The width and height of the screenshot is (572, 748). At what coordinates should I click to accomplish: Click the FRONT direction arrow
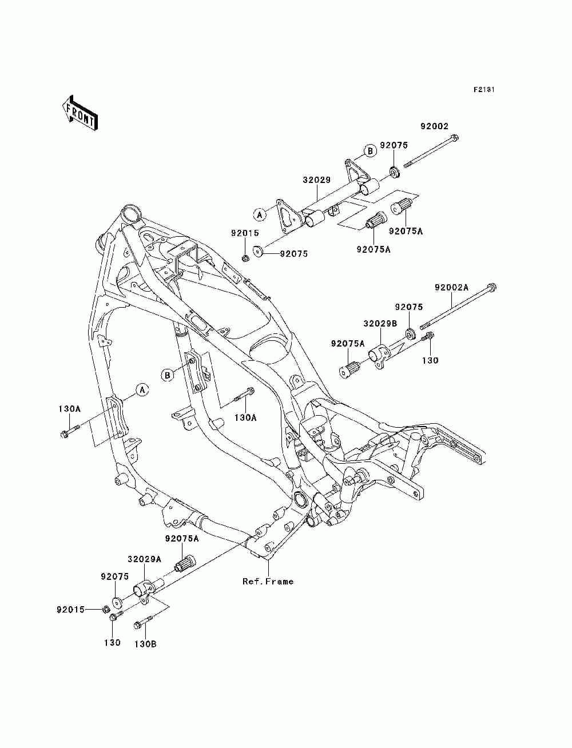point(80,113)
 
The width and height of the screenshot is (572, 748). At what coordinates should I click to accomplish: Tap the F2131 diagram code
point(484,90)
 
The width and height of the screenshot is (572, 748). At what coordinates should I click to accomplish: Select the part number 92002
point(434,126)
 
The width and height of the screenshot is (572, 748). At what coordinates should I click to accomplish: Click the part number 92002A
point(451,288)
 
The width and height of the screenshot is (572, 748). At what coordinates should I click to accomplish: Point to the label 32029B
point(380,324)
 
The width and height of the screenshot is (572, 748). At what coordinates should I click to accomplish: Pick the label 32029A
point(145,559)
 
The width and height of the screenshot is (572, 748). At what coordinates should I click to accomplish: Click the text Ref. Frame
point(268,582)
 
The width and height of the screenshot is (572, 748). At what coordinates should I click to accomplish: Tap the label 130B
point(145,644)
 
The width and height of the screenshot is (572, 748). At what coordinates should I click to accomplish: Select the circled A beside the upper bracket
point(260,214)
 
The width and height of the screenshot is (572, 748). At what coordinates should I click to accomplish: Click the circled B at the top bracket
point(370,150)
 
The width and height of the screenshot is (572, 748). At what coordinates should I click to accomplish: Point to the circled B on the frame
point(168,376)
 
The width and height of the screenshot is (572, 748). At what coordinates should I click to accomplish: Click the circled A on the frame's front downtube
point(142,389)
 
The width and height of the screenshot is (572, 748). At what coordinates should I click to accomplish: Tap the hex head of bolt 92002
point(454,138)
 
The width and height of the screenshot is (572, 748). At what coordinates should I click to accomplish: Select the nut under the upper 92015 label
point(245,258)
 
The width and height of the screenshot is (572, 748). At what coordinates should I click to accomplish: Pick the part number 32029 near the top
point(317,180)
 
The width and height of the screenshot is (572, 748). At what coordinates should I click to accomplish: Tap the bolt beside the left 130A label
point(70,431)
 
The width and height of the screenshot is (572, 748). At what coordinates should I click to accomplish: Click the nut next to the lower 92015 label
point(106,609)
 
